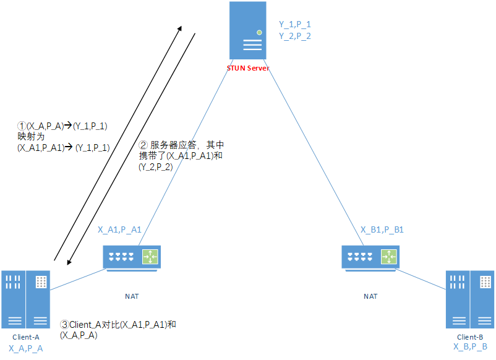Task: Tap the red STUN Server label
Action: click(x=248, y=67)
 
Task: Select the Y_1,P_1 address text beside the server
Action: click(x=295, y=24)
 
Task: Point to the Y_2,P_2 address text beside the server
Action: click(x=295, y=36)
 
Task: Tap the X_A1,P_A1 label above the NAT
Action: click(x=119, y=229)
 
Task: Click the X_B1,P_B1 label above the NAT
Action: click(x=382, y=229)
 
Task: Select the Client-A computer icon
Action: click(x=25, y=299)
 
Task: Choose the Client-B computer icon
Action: click(x=471, y=299)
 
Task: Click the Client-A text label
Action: click(x=26, y=337)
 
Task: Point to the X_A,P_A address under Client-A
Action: click(x=26, y=348)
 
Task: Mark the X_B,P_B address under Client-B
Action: click(x=471, y=347)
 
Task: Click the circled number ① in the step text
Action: click(x=22, y=126)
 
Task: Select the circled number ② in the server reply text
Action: click(x=144, y=145)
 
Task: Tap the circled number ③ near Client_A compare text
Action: click(x=64, y=324)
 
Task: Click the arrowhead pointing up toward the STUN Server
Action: click(x=180, y=28)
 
